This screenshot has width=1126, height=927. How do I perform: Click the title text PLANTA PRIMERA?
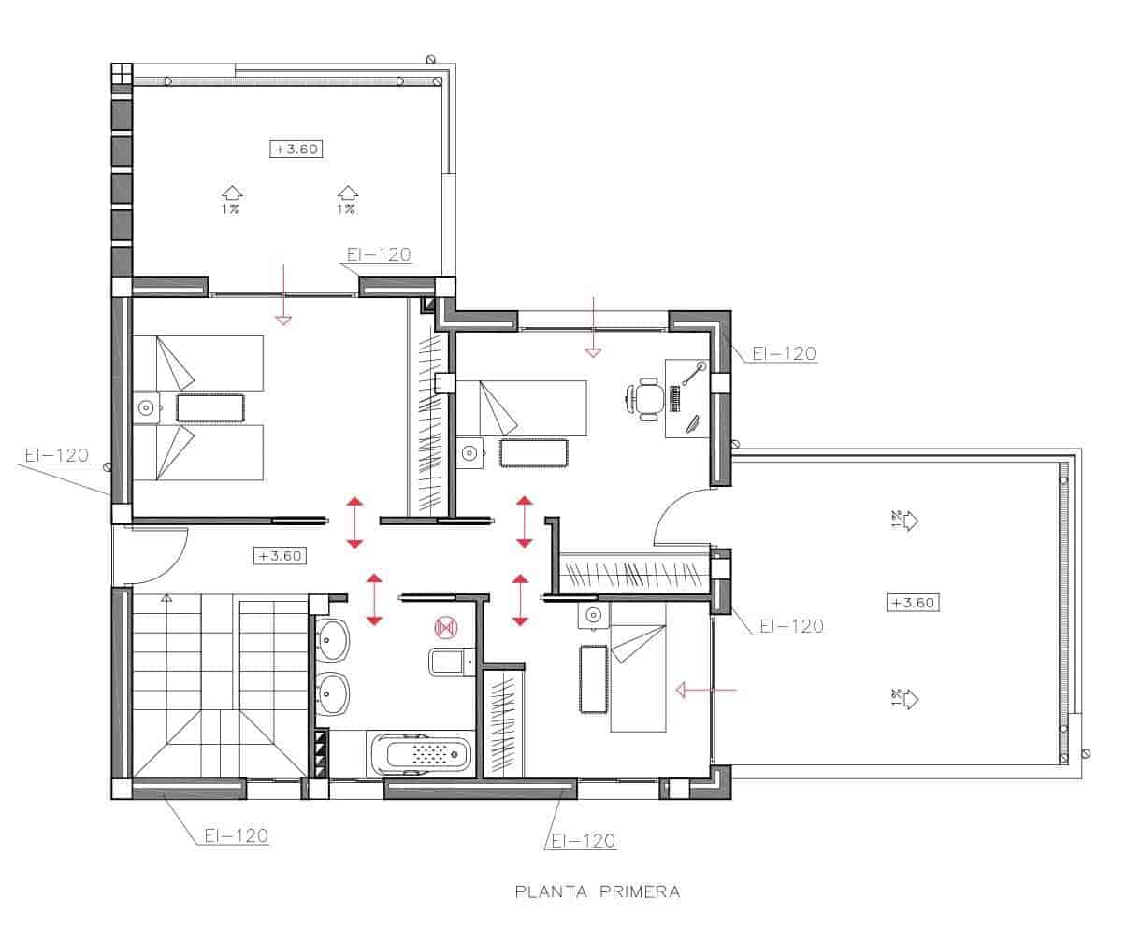click(x=598, y=891)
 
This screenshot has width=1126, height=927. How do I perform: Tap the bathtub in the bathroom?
click(x=422, y=753)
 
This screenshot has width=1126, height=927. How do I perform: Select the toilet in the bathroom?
click(x=453, y=663)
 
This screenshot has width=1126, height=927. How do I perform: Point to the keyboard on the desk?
click(x=674, y=399)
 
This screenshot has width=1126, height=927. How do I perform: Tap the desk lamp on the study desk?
click(x=695, y=373)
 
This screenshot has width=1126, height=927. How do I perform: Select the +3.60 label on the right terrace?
click(x=912, y=603)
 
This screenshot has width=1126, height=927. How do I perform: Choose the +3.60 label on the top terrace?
click(x=296, y=149)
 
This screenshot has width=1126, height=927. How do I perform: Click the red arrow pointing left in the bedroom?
click(x=706, y=691)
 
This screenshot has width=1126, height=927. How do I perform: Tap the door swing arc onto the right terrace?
click(x=678, y=516)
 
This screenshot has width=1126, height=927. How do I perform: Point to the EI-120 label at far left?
click(x=56, y=456)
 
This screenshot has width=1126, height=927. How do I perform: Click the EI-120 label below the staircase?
click(x=237, y=835)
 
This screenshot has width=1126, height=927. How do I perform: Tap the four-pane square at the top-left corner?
click(x=122, y=74)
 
